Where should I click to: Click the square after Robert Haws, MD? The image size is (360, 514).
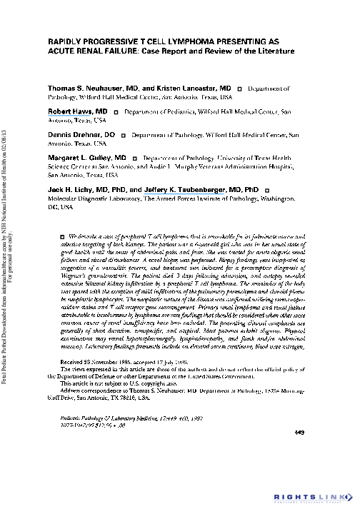click(115, 113)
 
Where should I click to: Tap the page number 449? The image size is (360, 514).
click(299, 432)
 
